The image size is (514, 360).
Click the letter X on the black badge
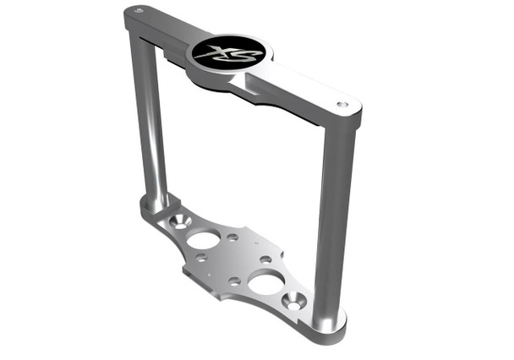[x=217, y=50]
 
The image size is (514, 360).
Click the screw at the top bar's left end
[x=139, y=11]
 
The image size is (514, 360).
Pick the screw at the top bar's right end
[x=342, y=105]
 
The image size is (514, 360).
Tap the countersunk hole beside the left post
[x=179, y=221]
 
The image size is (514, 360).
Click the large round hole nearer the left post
[x=204, y=239]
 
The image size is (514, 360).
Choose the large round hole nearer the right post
[x=266, y=283]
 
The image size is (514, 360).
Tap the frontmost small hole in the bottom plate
[x=235, y=280]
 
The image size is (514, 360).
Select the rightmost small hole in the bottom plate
[x=266, y=259]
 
